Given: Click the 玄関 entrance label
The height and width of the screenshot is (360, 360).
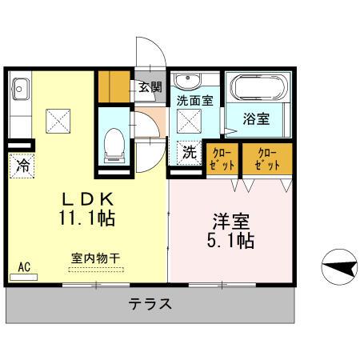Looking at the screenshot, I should point(150,87).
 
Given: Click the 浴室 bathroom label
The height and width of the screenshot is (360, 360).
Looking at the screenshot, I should point(257,118).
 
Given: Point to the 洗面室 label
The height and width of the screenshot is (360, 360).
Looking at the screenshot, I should point(194,102).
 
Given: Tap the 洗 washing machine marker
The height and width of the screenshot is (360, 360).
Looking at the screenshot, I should point(189,151).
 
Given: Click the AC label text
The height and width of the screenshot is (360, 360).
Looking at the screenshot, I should point(25,268).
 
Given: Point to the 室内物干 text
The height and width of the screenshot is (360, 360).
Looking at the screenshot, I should point(95,258).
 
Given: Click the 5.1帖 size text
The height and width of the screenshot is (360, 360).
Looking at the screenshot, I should point(233,239).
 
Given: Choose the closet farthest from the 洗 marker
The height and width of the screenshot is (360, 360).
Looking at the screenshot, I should point(268,157).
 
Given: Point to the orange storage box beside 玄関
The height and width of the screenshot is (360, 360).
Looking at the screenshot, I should point(113,87).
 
